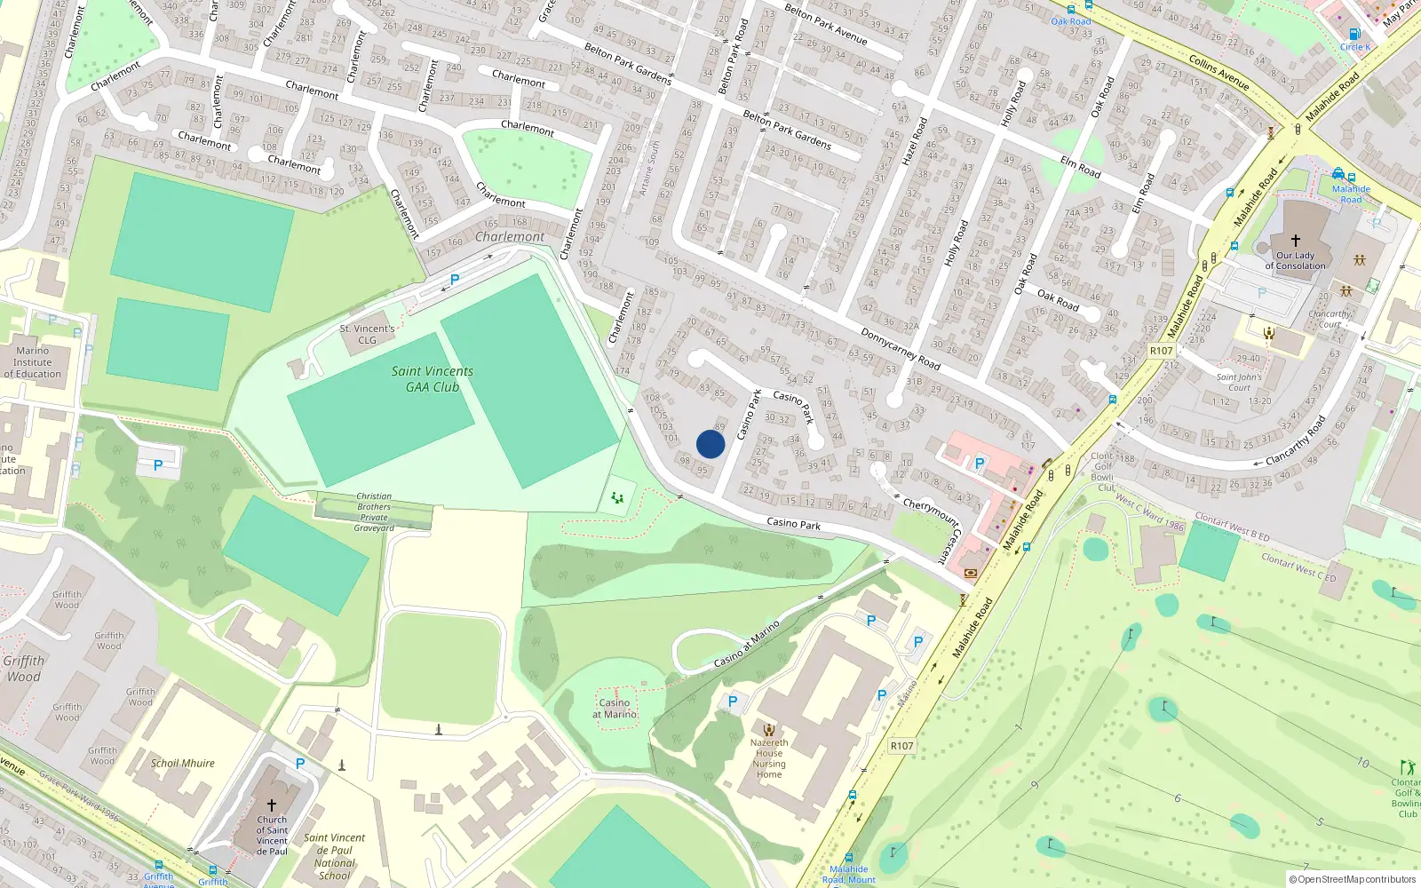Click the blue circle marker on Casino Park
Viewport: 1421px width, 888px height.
(710, 444)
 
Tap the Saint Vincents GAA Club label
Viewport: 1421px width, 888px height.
(433, 379)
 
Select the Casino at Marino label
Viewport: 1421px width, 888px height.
(615, 709)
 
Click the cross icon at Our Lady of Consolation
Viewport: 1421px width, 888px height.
(1295, 241)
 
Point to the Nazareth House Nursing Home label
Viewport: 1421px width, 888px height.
(769, 758)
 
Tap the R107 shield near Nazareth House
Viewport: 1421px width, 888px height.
(901, 746)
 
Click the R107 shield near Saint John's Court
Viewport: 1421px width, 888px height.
(1161, 351)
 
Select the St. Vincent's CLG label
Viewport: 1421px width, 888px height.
(367, 334)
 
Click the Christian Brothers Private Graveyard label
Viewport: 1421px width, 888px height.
(374, 512)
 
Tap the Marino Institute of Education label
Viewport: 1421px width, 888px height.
(33, 362)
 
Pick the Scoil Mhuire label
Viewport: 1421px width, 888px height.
(183, 763)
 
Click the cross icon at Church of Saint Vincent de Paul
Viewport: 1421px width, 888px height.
(272, 805)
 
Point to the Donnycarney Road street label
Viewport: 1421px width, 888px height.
(900, 348)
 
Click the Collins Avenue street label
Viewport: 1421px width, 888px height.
(1219, 71)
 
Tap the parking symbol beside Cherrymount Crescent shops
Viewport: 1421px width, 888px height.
(980, 463)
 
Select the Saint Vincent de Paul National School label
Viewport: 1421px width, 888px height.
(335, 856)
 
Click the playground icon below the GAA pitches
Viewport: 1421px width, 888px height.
(617, 498)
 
